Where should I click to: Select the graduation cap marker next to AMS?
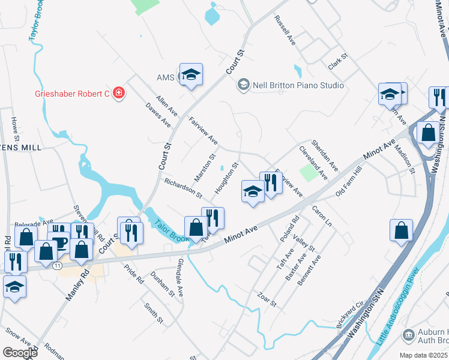[191, 74]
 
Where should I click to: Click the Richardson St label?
[183, 188]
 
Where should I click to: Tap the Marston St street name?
[205, 169]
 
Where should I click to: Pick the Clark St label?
[339, 60]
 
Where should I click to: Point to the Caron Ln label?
[322, 216]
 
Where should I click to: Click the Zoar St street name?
[266, 299]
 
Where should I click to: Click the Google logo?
[20, 353]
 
